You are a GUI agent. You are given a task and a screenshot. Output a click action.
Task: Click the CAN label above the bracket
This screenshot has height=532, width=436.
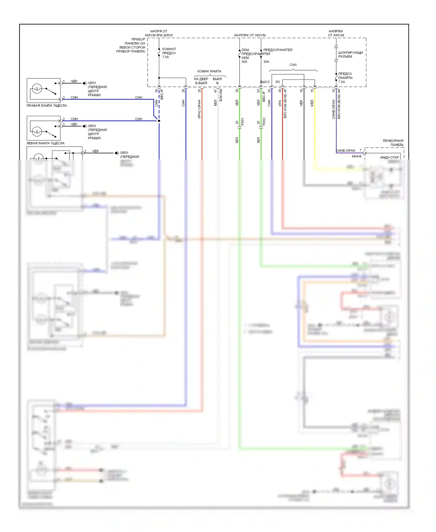[x=293, y=65]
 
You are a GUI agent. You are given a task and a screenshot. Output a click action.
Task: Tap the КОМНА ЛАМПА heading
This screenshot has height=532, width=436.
[x=209, y=71]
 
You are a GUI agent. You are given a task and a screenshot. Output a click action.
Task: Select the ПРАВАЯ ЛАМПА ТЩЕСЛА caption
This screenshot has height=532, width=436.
[x=47, y=106]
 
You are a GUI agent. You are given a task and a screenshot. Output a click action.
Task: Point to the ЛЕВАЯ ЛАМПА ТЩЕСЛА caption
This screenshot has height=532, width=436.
[x=46, y=143]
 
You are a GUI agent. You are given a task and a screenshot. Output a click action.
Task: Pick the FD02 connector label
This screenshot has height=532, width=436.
[x=264, y=122]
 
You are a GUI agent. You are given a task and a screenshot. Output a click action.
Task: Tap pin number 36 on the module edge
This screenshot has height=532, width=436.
[x=156, y=91]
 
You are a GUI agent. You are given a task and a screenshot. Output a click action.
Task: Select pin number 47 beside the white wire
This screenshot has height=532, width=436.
[x=215, y=91]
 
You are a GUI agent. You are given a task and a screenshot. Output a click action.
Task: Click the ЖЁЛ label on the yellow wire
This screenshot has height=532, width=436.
[x=312, y=103]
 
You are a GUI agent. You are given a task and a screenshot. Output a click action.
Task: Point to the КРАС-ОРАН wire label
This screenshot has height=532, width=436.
[x=199, y=109]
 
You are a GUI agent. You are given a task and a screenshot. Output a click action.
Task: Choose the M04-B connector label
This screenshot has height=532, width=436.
[x=357, y=156]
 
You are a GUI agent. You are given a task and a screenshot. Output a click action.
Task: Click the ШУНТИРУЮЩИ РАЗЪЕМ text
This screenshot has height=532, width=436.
[x=350, y=54]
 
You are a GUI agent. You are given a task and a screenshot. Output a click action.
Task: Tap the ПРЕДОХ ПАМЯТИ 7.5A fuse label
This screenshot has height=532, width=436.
[x=345, y=78]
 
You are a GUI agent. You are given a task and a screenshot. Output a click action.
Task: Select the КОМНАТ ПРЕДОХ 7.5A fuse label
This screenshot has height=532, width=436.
[x=169, y=53]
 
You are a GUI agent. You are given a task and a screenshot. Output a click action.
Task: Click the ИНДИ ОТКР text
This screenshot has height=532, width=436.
[x=389, y=157]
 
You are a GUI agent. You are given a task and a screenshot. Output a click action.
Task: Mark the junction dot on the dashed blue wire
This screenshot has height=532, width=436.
[x=159, y=121]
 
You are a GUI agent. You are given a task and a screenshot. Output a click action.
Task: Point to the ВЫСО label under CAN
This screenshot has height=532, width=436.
[x=265, y=82]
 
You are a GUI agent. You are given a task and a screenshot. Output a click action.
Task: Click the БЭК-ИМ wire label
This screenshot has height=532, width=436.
[x=221, y=95]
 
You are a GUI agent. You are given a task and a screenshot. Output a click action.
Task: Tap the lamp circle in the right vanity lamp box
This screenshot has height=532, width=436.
[x=37, y=88]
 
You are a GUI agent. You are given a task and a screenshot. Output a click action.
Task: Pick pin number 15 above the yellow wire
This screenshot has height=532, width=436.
[x=312, y=91]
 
